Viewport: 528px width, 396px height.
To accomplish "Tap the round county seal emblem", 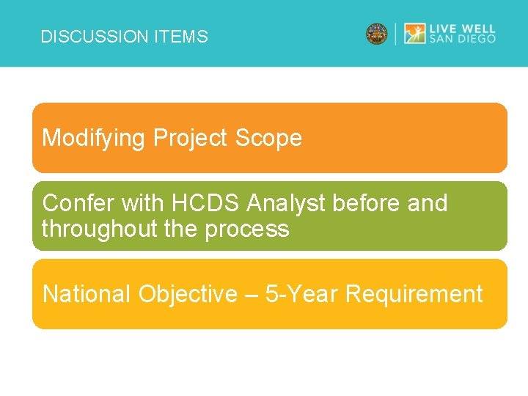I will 377,34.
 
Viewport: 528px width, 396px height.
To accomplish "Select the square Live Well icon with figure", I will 415,34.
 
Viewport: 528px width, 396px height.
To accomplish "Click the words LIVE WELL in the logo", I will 463,28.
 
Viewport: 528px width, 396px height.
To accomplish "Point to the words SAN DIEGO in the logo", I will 463,40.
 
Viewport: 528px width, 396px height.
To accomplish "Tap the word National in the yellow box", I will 87,294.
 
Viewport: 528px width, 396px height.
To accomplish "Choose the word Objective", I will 188,294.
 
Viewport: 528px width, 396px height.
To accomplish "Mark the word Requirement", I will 414,294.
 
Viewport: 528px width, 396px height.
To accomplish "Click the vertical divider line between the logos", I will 396,34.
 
